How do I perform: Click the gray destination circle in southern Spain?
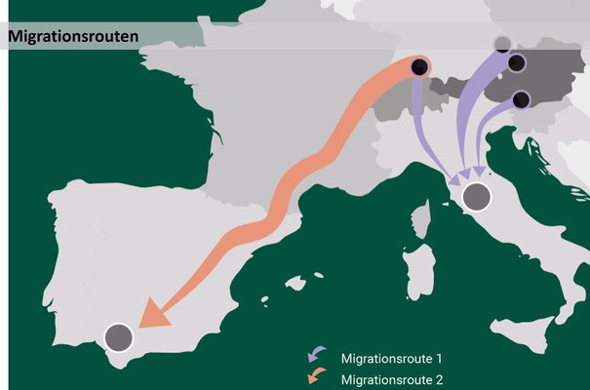pyautogui.click(x=118, y=337)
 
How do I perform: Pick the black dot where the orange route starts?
pyautogui.click(x=419, y=66)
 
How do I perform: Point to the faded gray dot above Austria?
pyautogui.click(x=502, y=44)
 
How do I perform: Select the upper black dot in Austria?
pyautogui.click(x=517, y=63)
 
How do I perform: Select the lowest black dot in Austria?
pyautogui.click(x=521, y=99)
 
